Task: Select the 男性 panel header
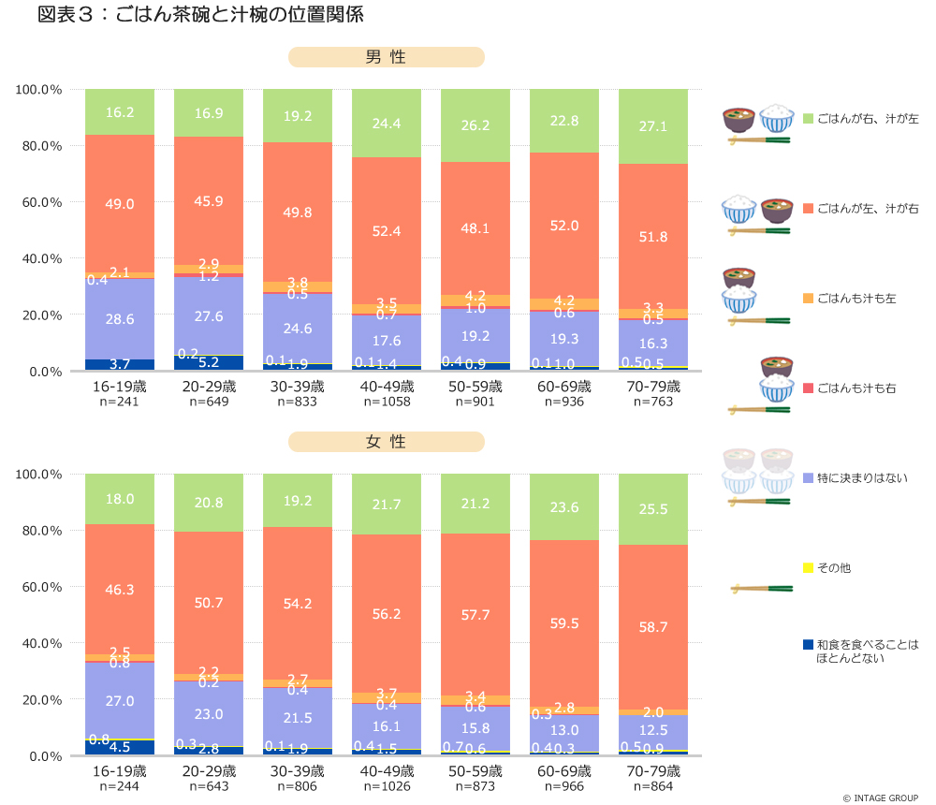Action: tap(386, 58)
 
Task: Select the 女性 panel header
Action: tap(386, 442)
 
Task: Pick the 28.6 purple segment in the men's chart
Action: tap(120, 318)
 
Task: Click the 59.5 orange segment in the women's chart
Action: tap(563, 622)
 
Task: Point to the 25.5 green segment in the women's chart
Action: tap(652, 509)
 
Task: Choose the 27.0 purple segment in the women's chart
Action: tap(120, 700)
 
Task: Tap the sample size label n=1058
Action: tap(386, 402)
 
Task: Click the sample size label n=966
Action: tap(563, 786)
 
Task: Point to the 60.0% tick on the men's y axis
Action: tap(39, 202)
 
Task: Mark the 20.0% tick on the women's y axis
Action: tap(39, 699)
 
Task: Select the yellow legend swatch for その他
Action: tap(808, 567)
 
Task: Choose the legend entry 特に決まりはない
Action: tap(861, 478)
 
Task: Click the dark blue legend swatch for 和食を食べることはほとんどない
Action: tap(808, 645)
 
